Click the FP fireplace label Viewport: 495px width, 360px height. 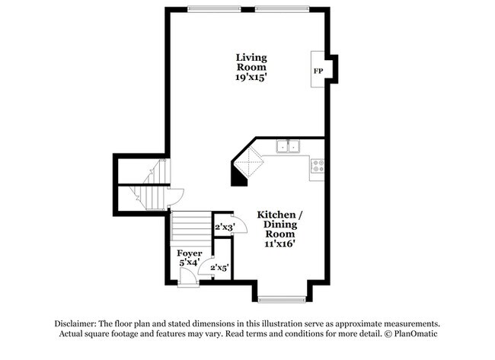click(318, 71)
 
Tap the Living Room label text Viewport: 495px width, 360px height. click(251, 62)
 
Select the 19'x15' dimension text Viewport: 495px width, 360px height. click(251, 78)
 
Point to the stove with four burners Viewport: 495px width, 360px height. click(318, 164)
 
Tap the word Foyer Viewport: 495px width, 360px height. click(189, 253)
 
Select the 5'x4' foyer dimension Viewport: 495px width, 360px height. click(189, 263)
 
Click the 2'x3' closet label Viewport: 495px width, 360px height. click(222, 227)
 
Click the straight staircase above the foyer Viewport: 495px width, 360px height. click(190, 226)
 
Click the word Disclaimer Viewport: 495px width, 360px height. click(78, 323)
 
